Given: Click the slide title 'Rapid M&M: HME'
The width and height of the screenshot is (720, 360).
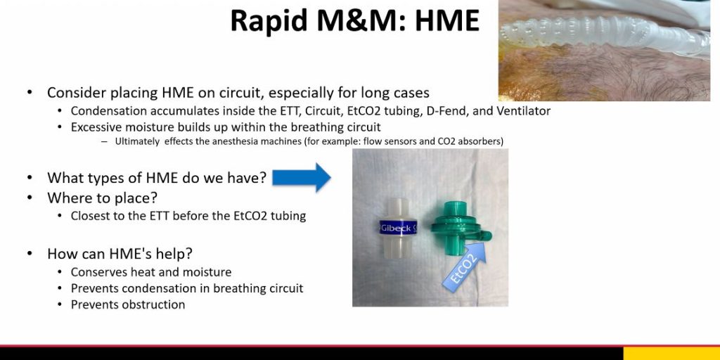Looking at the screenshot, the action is click(354, 20).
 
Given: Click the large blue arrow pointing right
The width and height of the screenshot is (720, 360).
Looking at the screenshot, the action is click(301, 177).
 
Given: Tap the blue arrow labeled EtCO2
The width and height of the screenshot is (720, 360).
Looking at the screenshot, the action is click(464, 266).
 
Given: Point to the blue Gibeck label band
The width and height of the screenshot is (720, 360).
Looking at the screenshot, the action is click(398, 228).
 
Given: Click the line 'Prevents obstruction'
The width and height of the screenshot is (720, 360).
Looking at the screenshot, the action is click(128, 304).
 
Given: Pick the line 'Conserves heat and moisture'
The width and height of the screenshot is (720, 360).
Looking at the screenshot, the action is click(151, 272).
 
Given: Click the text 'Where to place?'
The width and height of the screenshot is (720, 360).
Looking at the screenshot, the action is click(102, 198).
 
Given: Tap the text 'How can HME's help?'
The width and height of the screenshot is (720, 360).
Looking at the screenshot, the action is click(120, 253).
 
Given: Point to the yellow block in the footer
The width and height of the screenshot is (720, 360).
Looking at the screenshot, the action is click(671, 353).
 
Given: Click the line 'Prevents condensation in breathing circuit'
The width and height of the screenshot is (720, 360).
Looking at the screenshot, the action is click(187, 288).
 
